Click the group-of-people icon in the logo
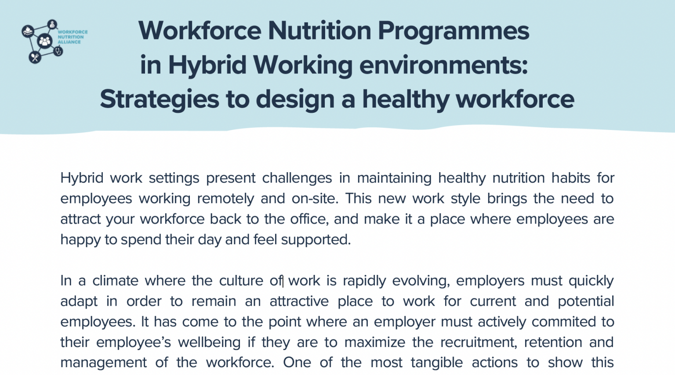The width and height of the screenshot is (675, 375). pyautogui.click(x=44, y=42)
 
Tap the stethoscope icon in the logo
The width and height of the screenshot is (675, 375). pyautogui.click(x=58, y=51)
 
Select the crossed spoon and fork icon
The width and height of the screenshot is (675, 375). pyautogui.click(x=35, y=57)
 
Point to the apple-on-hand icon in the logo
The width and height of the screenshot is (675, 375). pyautogui.click(x=28, y=31)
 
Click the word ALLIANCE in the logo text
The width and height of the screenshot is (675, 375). pyautogui.click(x=69, y=42)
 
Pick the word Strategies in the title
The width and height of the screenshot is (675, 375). pyautogui.click(x=159, y=99)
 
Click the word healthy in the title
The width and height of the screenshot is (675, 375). pyautogui.click(x=406, y=99)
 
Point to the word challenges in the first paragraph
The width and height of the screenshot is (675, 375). pyautogui.click(x=297, y=178)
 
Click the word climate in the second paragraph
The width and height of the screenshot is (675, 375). pyautogui.click(x=115, y=281)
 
